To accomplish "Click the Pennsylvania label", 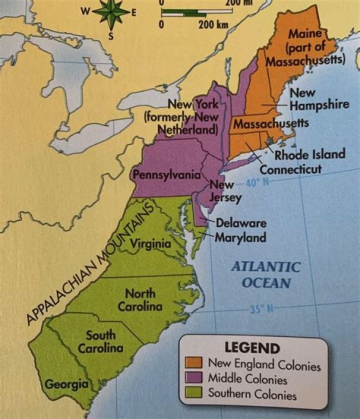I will tap(166, 176).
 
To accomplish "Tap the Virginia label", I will tap(150, 243).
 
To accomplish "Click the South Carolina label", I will tap(100, 341).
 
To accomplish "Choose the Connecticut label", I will tap(290, 169).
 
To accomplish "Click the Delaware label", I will tap(241, 223).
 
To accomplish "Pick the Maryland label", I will tap(240, 237).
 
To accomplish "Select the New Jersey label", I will tap(225, 191).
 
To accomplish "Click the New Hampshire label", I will tap(319, 99).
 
